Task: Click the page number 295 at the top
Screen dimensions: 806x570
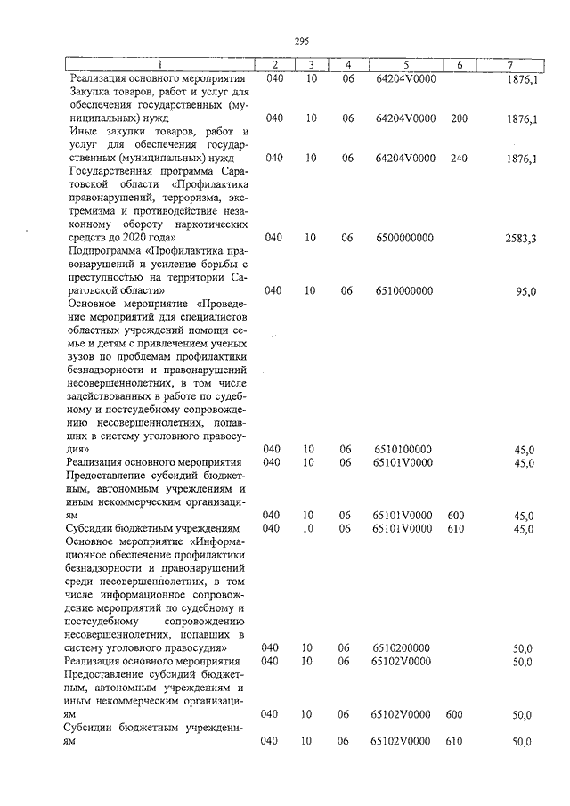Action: tap(300, 40)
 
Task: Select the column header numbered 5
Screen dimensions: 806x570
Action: tap(405, 65)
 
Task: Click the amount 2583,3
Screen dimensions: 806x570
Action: tap(520, 238)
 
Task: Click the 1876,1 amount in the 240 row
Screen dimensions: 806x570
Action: tap(522, 159)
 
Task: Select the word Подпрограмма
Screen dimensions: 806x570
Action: tap(104, 251)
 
